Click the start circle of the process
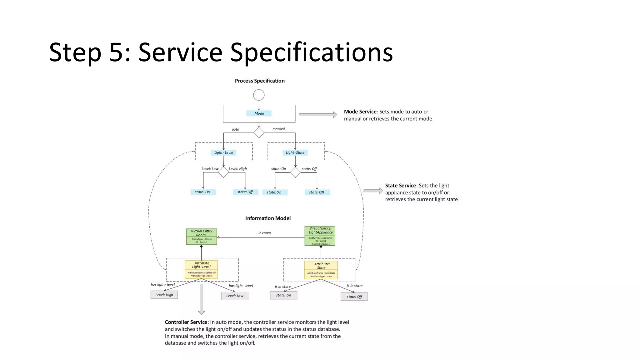[x=259, y=95]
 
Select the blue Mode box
[x=259, y=113]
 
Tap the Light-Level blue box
[x=223, y=152]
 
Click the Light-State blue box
[x=295, y=152]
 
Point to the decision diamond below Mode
[x=259, y=133]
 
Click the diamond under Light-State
[x=295, y=172]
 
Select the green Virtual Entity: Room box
[x=202, y=236]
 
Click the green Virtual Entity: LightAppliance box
[x=320, y=236]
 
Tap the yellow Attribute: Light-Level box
[x=201, y=269]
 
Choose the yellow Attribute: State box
[x=321, y=270]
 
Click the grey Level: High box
[x=164, y=295]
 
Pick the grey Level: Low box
[x=235, y=296]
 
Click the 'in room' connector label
[x=264, y=233]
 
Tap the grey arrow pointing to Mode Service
[x=317, y=115]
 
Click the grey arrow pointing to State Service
[x=373, y=191]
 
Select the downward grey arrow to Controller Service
[x=202, y=299]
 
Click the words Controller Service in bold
[x=186, y=322]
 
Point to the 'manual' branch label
[x=278, y=129]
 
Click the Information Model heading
[x=268, y=218]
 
